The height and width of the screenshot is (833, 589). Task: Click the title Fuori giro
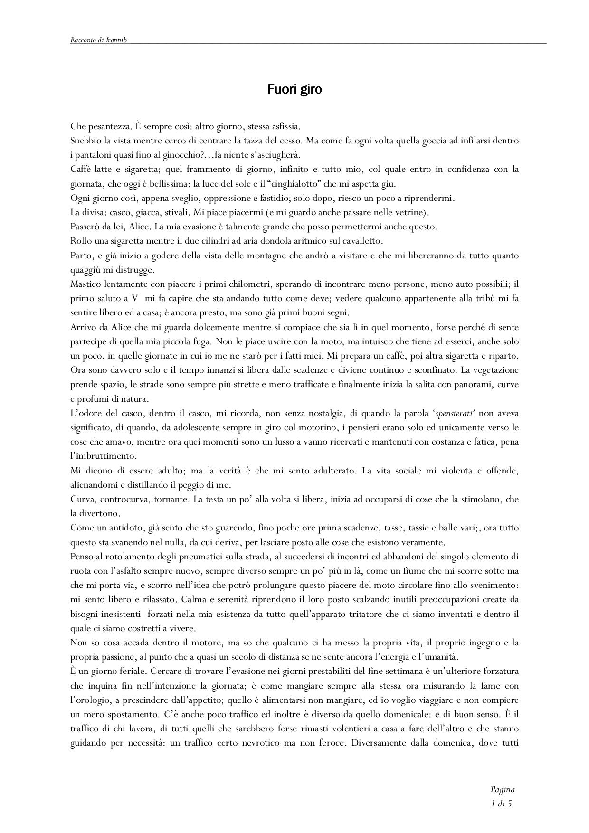pos(294,89)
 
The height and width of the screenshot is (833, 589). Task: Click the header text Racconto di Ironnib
pos(99,40)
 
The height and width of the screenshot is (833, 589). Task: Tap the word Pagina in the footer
pos(503,790)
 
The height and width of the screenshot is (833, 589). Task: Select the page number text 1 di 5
pos(502,804)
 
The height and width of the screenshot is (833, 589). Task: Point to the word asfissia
pos(283,126)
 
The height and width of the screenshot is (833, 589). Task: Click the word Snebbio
pos(85,141)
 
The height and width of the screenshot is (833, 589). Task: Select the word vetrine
pos(405,212)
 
